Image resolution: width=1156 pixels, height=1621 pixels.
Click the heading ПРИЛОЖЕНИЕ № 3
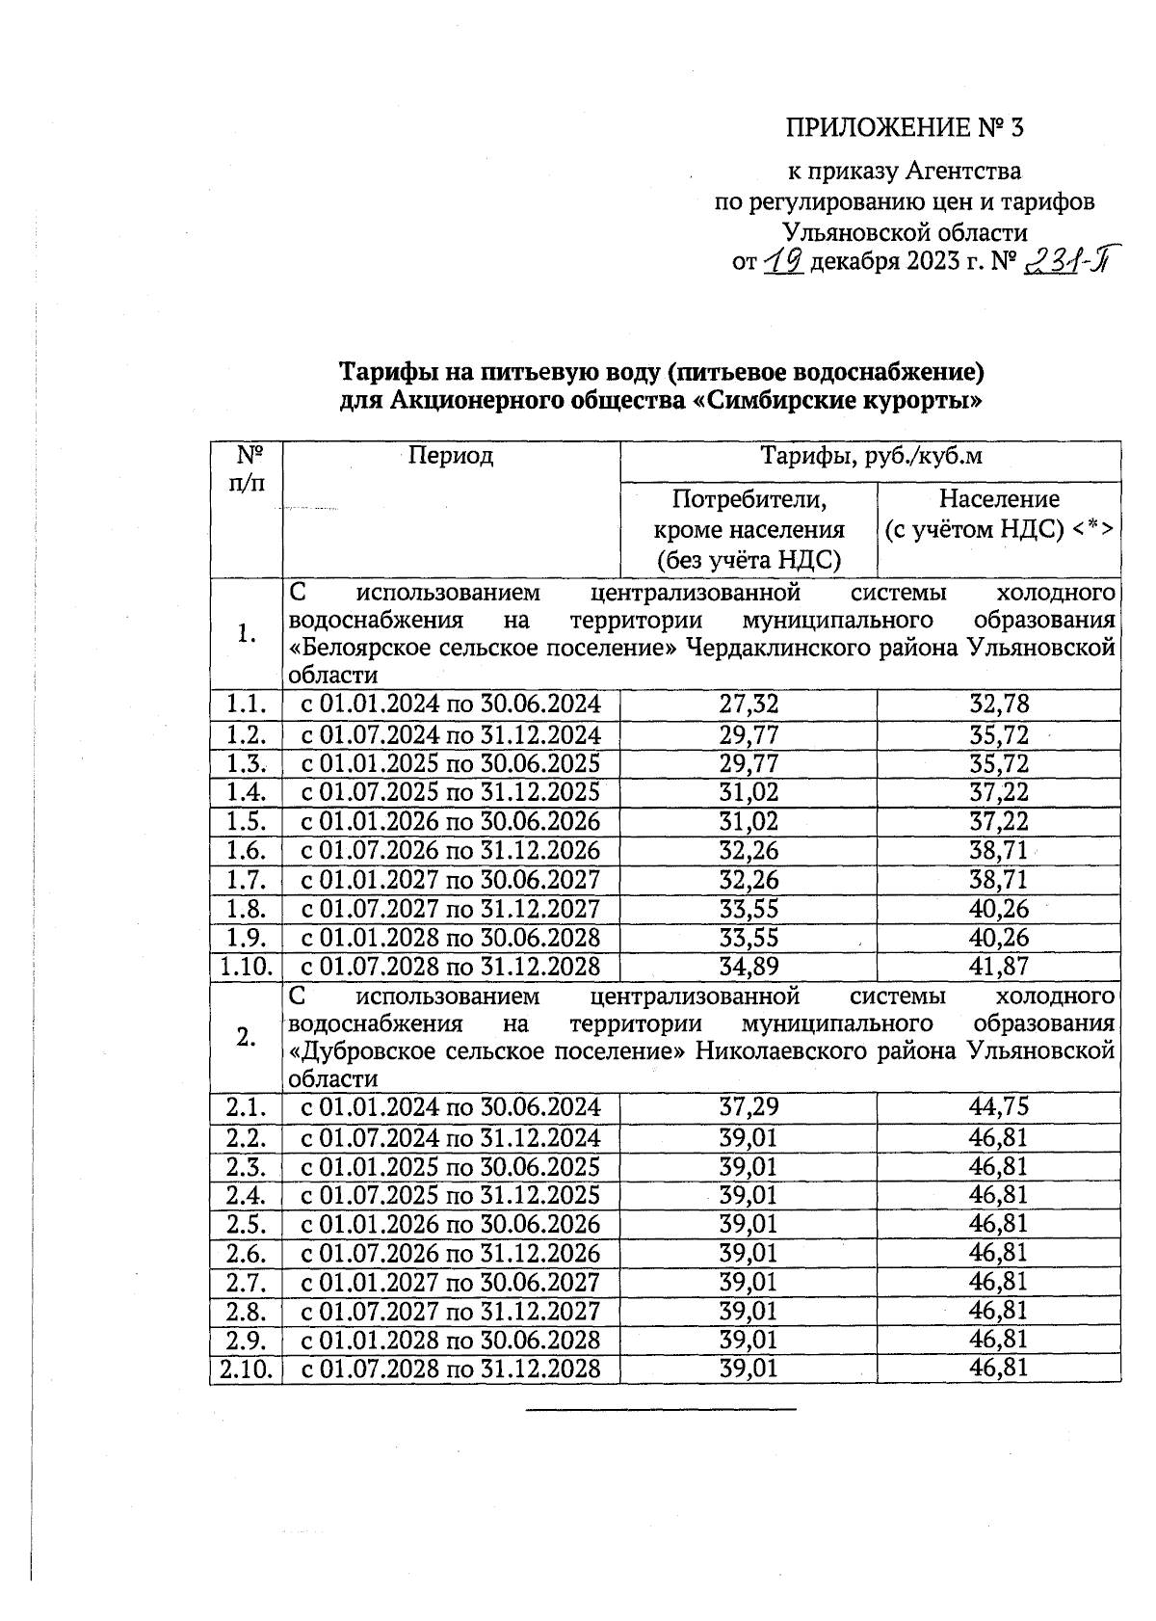click(903, 128)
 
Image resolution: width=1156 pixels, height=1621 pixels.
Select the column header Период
click(450, 456)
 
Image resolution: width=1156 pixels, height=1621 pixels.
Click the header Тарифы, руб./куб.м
click(871, 456)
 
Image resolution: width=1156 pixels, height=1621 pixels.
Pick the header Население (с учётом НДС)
click(999, 527)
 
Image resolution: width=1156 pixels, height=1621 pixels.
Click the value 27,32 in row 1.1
click(749, 704)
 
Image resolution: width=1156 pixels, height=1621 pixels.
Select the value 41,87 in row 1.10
click(999, 967)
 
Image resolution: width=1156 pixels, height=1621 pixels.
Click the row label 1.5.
click(246, 822)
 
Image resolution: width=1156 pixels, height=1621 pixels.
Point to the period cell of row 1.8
click(451, 909)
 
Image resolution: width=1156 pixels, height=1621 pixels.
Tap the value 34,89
click(749, 967)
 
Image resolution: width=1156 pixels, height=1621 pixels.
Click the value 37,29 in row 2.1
click(749, 1107)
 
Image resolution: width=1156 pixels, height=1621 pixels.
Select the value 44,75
click(999, 1107)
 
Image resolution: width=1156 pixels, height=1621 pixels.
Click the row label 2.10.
click(246, 1369)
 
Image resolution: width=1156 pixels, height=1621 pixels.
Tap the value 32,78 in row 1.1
click(999, 704)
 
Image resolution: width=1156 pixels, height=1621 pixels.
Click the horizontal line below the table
click(661, 1410)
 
